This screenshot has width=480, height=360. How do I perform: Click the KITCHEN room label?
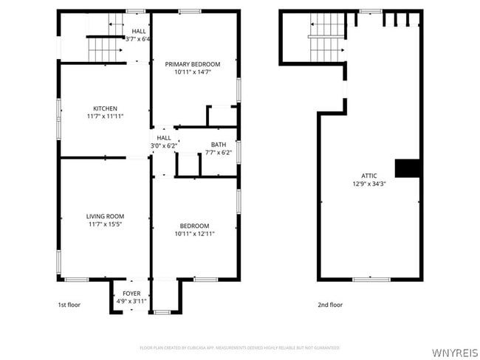105,108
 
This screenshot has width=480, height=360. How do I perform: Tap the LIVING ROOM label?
105,216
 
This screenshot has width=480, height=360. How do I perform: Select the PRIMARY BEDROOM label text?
192,64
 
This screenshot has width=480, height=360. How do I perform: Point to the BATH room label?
219,145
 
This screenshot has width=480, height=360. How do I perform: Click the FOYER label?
131,293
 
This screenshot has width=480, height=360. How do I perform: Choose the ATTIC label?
368,175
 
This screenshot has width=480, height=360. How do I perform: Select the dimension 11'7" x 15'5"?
105,224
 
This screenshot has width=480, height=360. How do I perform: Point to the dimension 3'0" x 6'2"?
164,145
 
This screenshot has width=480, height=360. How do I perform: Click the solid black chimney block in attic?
408,168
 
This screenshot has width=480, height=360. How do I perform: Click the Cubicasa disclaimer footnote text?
240,347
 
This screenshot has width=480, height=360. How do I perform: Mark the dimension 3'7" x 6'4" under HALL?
138,39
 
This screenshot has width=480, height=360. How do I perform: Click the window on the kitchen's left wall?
60,108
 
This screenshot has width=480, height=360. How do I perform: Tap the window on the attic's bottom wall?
371,279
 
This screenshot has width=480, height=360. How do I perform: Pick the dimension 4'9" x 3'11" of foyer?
131,301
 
